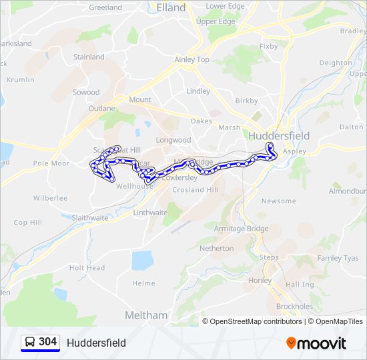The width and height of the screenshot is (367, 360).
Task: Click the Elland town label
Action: click(170, 8)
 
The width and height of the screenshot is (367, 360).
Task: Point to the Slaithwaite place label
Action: click(90, 218)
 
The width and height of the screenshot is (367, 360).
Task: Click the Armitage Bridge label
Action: click(241, 229)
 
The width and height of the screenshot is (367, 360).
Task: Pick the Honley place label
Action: click(260, 281)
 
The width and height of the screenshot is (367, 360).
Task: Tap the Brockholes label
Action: click(294, 307)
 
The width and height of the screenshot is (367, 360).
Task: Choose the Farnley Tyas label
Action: click(338, 258)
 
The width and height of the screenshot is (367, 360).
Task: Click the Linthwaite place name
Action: click(151, 213)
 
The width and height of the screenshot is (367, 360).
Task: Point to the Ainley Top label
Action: click(192, 59)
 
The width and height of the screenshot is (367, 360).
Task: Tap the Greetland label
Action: click(105, 7)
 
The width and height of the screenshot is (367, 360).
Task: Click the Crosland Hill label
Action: click(196, 190)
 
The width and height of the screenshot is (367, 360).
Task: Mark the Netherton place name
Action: click(217, 248)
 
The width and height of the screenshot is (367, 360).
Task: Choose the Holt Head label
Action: click(87, 268)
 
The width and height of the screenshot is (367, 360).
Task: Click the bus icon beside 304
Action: click(30, 343)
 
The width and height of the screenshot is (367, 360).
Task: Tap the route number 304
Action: click(47, 342)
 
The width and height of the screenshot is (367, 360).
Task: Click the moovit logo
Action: click(316, 343)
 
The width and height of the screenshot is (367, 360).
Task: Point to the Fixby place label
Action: click(268, 47)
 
